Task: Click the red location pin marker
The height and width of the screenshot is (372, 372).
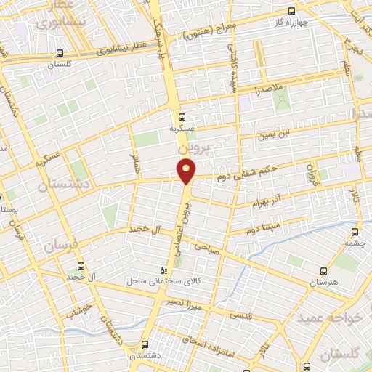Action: (x=187, y=171)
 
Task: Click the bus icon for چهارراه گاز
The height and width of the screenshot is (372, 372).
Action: (x=291, y=12)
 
